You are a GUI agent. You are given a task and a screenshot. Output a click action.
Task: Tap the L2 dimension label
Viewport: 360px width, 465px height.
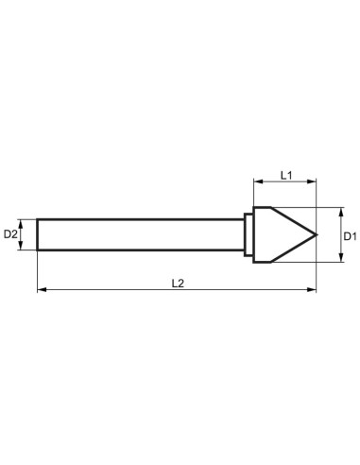point(178,283)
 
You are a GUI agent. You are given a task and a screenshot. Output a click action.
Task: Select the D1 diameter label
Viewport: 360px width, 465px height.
point(349,233)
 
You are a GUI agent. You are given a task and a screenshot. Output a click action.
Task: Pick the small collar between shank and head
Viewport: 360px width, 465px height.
point(249,233)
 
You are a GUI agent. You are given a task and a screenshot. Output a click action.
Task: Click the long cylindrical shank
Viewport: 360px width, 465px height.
point(142,233)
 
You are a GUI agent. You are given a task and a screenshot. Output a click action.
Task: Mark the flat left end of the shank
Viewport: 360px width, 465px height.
point(38,233)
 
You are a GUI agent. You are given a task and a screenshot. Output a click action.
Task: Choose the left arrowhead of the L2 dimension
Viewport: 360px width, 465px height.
point(41,291)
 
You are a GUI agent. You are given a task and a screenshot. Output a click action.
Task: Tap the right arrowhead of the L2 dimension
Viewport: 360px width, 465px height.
point(316,291)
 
